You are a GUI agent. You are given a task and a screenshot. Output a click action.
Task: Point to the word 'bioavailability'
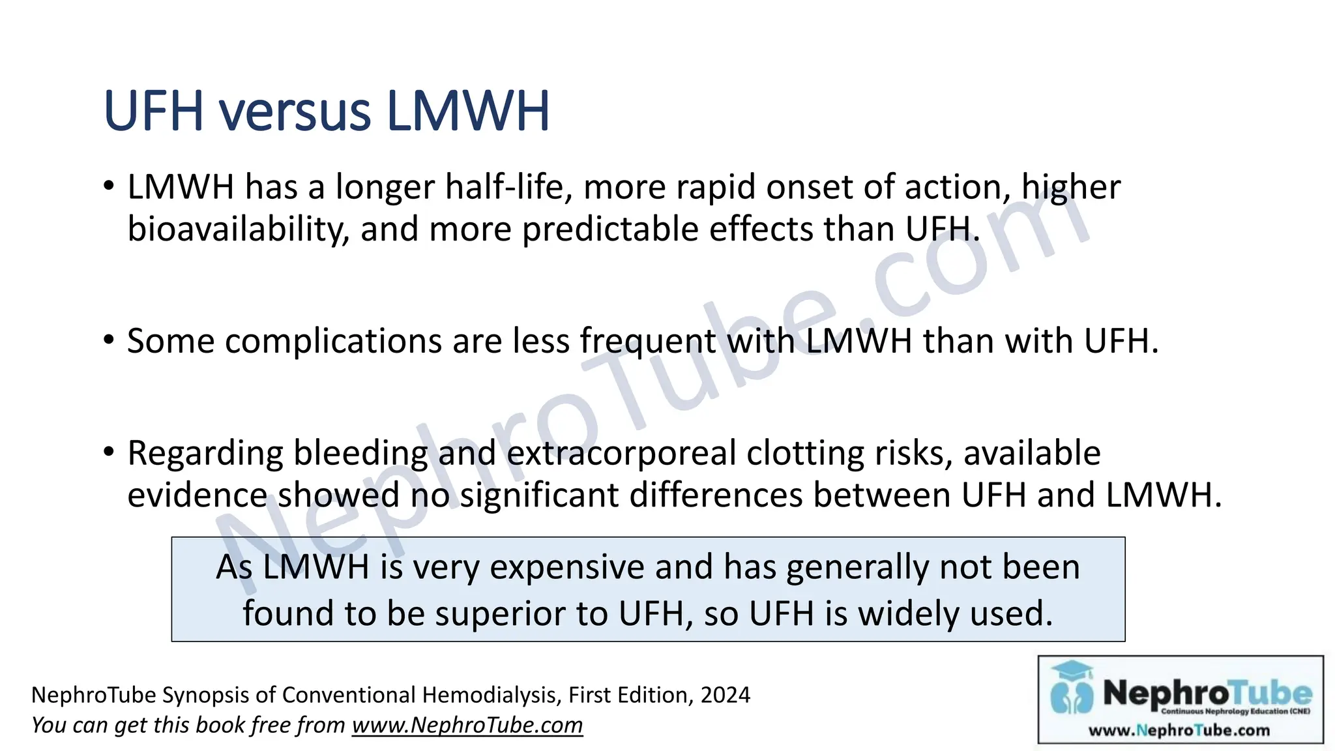pyautogui.click(x=238, y=229)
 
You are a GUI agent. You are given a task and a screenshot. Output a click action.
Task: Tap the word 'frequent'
pyautogui.click(x=648, y=341)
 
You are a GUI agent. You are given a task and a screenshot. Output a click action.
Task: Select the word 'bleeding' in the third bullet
pyautogui.click(x=360, y=453)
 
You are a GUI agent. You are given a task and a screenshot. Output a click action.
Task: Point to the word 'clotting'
pyautogui.click(x=805, y=453)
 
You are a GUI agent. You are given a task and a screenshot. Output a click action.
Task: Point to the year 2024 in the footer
pyautogui.click(x=725, y=695)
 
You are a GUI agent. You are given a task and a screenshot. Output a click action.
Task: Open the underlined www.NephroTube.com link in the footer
pyautogui.click(x=467, y=725)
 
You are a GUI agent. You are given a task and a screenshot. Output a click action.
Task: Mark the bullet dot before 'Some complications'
pyautogui.click(x=109, y=340)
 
